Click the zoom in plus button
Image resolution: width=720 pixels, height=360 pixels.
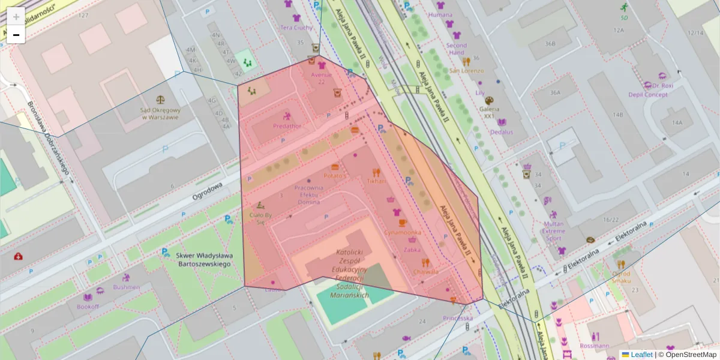(16, 17)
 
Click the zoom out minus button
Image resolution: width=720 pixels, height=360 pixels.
(16, 35)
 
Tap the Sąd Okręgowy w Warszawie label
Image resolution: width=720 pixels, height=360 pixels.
(160, 113)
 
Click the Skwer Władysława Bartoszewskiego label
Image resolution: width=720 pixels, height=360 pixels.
(203, 259)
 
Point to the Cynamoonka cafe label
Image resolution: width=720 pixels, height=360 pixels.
(403, 232)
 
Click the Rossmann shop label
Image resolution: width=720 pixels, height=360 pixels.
(595, 346)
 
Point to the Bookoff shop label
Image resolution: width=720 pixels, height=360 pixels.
(88, 307)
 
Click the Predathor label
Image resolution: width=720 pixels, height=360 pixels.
(287, 126)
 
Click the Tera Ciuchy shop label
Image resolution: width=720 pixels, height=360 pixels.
(296, 27)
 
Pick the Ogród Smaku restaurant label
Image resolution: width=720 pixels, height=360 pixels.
(621, 277)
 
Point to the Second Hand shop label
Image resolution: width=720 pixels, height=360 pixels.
(457, 49)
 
